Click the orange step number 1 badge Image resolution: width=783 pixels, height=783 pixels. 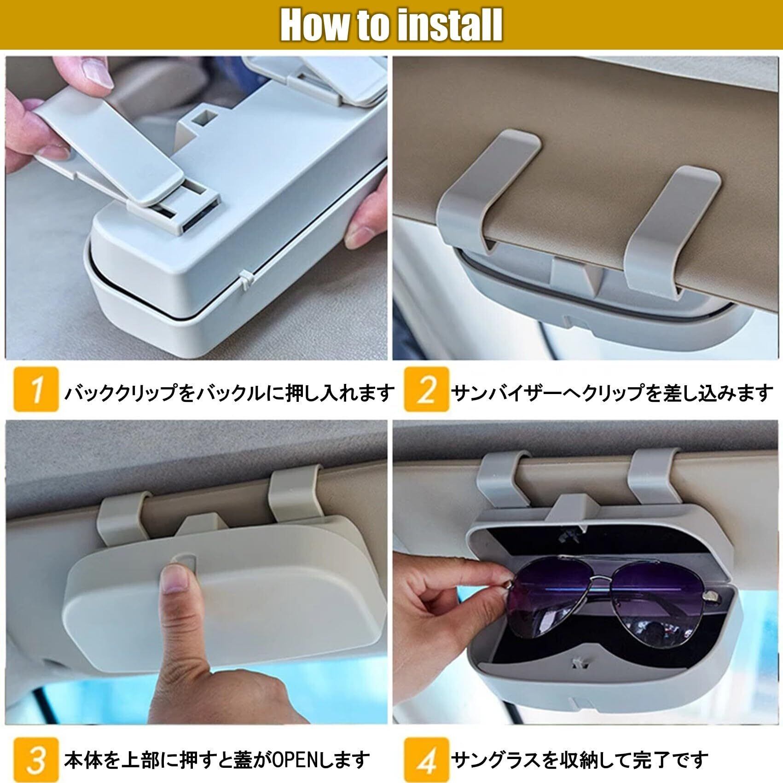(x=36, y=389)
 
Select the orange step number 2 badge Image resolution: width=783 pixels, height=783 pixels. (x=427, y=389)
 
